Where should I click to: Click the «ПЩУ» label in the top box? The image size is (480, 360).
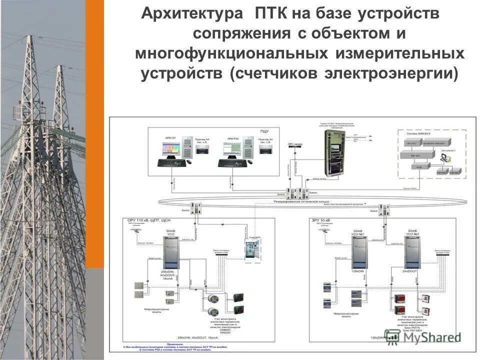(263, 131)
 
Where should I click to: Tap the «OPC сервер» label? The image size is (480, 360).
(294, 144)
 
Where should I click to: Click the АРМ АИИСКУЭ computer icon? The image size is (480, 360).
(442, 158)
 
